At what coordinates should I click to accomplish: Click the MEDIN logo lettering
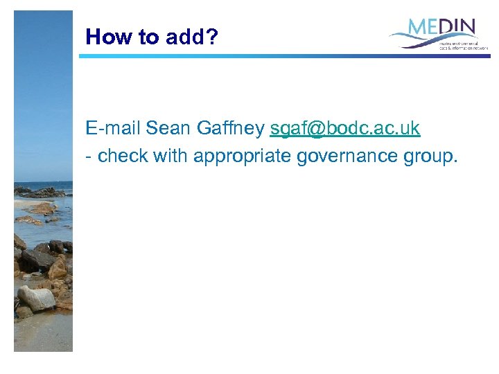point(442,28)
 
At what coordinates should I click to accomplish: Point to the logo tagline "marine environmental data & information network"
point(462,45)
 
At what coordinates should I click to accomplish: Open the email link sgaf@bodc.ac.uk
point(344,129)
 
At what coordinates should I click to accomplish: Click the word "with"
point(170,157)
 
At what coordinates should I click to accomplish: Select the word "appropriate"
point(242,157)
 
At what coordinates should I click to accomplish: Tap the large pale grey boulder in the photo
point(36,298)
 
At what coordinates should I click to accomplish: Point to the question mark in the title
point(211,37)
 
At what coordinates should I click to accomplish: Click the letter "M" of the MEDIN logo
point(417,28)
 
